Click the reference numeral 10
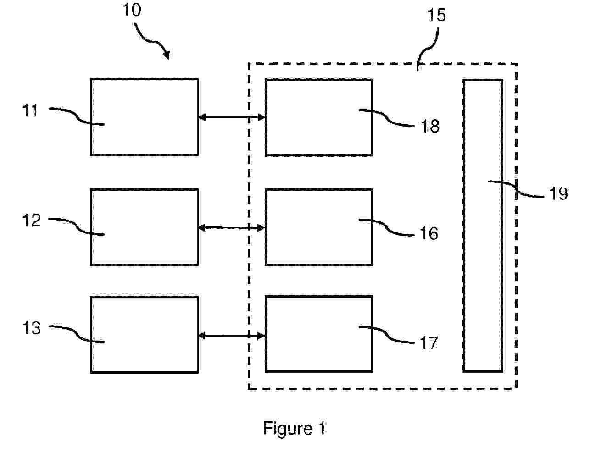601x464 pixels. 132,10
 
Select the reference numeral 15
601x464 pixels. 436,15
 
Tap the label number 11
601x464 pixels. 31,110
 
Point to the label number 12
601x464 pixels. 32,221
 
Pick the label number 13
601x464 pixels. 32,328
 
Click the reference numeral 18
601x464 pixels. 430,126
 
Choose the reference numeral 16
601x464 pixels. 429,234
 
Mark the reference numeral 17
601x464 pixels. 429,343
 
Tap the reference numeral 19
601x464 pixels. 558,194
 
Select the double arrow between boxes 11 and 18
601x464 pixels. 232,117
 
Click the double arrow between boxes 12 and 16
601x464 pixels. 232,227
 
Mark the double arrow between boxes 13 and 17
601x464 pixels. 232,336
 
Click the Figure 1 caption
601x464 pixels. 294,429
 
